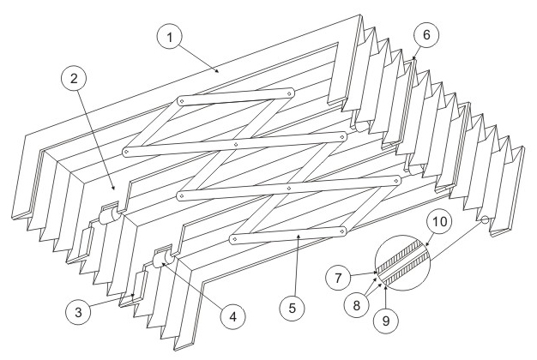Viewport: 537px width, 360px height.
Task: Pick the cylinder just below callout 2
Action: (x=108, y=218)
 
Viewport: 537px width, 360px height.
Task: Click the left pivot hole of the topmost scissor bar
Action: (x=181, y=102)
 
